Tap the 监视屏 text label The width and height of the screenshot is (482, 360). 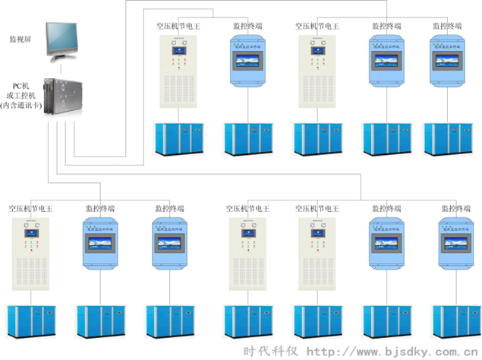(20, 37)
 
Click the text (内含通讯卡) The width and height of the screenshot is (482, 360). (20, 105)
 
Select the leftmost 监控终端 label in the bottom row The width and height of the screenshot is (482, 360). (100, 207)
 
